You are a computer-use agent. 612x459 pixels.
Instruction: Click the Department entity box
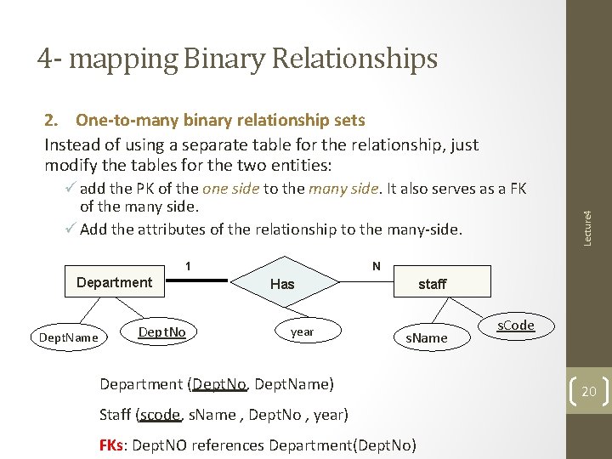[x=114, y=282]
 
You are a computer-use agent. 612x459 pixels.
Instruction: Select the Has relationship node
[x=281, y=284]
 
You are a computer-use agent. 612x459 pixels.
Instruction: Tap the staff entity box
[x=432, y=284]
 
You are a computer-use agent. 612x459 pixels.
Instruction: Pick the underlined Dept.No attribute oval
[x=161, y=331]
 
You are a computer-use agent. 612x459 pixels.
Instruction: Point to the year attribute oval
[x=302, y=331]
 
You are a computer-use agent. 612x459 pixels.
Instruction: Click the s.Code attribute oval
[x=515, y=326]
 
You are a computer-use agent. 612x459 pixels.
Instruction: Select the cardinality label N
[x=376, y=266]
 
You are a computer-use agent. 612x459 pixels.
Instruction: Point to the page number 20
[x=589, y=392]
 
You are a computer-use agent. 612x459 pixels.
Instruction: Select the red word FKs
[x=111, y=445]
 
